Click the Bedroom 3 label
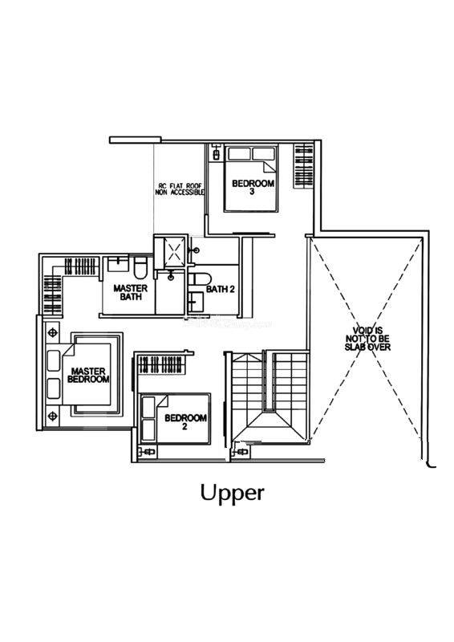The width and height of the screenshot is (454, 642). pos(253,187)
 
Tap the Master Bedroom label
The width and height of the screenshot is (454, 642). pos(88,375)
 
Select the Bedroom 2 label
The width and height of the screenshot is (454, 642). pos(185,422)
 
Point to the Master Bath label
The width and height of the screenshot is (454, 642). pos(130,292)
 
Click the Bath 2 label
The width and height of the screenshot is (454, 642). pos(221,289)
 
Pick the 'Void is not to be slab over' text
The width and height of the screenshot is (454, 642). pos(367,339)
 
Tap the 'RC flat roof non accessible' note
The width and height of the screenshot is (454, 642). pos(180,189)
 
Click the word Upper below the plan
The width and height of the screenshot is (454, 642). pos(232,493)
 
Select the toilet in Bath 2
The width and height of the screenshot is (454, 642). pos(200,278)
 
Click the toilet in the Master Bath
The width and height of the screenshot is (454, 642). pos(140,267)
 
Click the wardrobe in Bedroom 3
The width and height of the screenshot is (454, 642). pos(304,165)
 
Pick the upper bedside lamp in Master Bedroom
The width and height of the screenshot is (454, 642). pos(52,332)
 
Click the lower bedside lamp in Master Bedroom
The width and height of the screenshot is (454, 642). pos(52,416)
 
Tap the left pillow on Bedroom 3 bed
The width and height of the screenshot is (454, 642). pos(239,154)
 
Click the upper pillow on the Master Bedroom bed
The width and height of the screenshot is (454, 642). pos(54,360)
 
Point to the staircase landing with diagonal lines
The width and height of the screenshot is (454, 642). pos(267,426)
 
